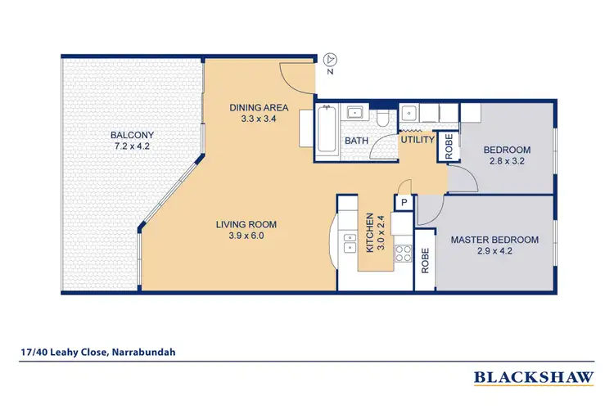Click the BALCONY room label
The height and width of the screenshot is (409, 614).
[132, 135]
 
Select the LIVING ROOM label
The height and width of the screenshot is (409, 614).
[246, 224]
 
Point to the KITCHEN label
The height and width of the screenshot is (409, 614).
[369, 232]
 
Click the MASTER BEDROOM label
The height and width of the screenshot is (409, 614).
[494, 240]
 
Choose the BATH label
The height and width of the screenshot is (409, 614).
[356, 141]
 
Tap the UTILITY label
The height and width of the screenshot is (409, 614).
[416, 140]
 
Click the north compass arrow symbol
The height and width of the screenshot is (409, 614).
[330, 59]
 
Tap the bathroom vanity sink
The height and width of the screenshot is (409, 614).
[356, 114]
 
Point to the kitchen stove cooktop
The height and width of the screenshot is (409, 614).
[403, 254]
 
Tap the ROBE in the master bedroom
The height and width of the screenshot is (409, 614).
[425, 261]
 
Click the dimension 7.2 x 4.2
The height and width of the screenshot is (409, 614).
[132, 146]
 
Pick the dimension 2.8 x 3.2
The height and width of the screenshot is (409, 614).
[507, 161]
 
